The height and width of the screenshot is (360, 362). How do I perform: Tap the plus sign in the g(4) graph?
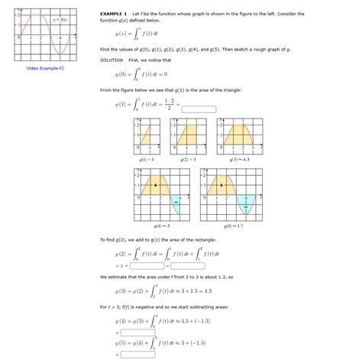(x=156, y=186)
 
